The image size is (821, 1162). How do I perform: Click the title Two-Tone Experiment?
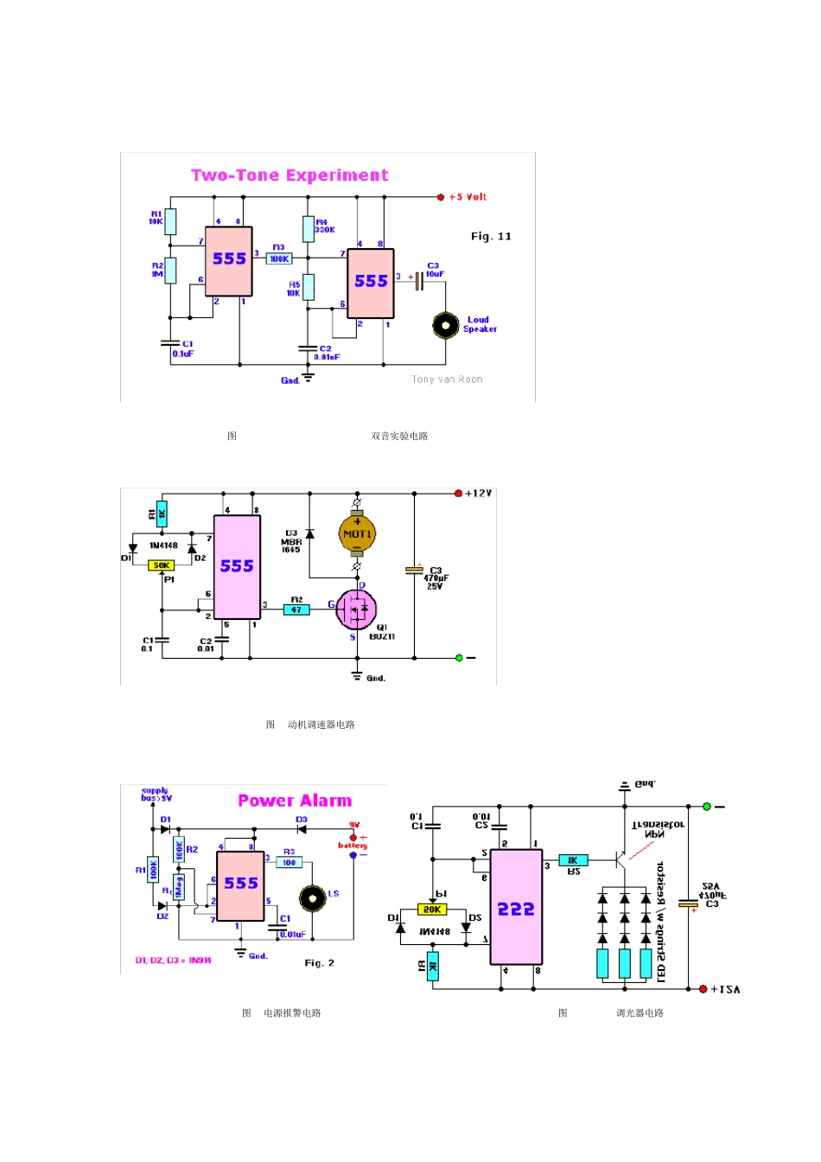pos(290,176)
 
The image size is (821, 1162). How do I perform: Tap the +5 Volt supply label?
pos(468,197)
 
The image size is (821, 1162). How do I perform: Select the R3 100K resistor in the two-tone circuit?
pos(278,259)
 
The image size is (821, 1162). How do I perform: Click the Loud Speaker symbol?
pos(445,325)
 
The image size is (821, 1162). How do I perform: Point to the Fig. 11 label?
pos(491,236)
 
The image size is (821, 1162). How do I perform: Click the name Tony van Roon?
pos(447,380)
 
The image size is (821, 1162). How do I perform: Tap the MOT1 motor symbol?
pos(357,534)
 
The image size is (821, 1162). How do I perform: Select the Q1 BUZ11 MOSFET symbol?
pos(356,610)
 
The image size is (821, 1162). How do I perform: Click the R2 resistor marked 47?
pos(296,610)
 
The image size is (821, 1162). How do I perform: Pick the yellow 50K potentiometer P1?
pos(162,565)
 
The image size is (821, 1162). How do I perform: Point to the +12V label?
pos(478,494)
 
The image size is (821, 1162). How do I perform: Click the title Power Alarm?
pos(295,801)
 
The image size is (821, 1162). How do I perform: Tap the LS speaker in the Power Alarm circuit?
pos(313,898)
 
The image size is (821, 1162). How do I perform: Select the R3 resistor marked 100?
pos(289,862)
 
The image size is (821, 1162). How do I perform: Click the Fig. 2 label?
pos(319,963)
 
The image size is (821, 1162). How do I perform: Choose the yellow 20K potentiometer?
pos(432,910)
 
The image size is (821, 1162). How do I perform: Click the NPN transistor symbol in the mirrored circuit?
pos(620,859)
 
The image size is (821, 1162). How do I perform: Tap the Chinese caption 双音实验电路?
pos(399,436)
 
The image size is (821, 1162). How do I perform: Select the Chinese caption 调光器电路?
pos(640,1012)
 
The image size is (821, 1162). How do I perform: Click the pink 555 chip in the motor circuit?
pos(237,567)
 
